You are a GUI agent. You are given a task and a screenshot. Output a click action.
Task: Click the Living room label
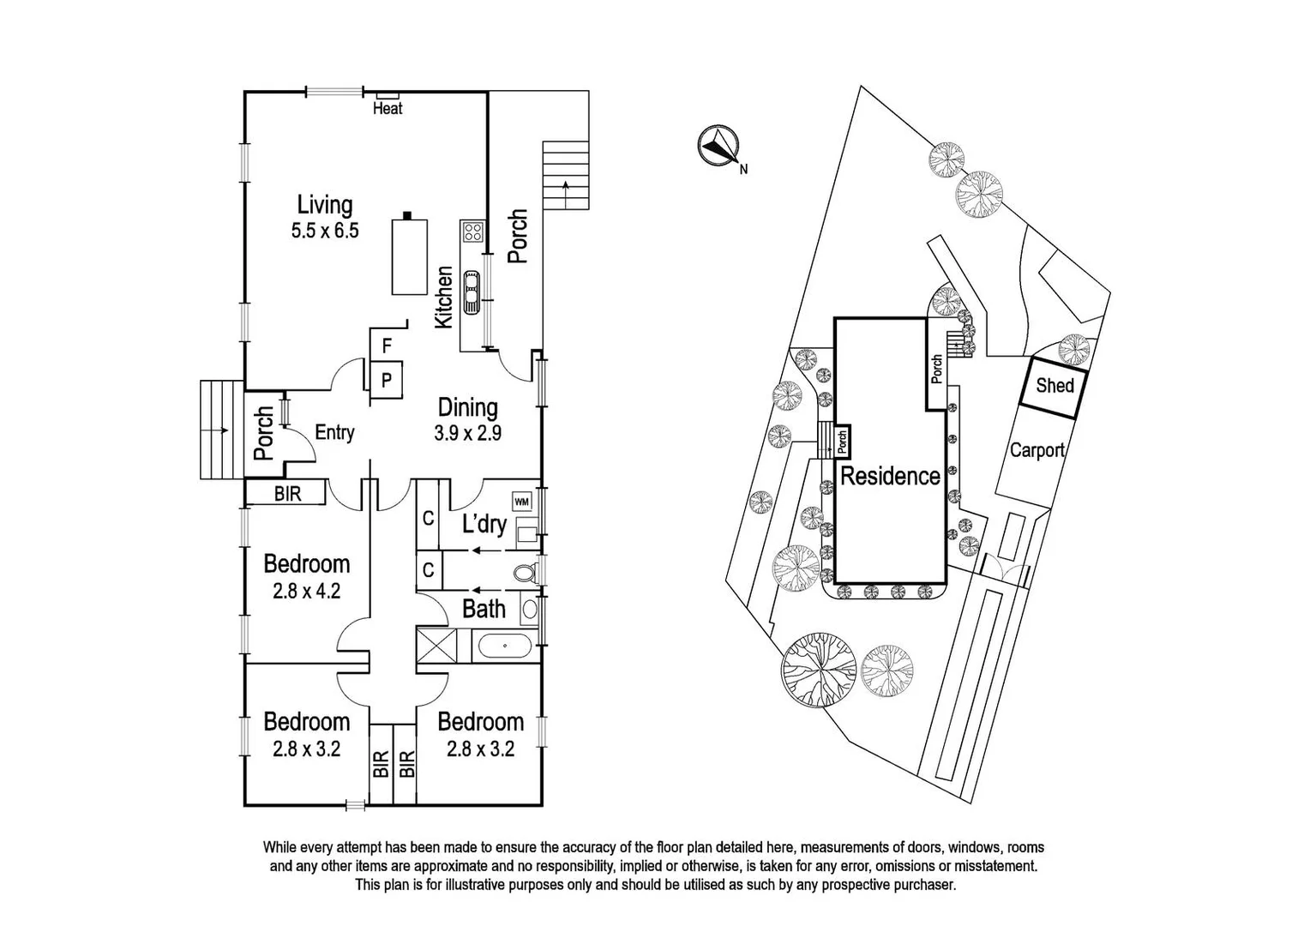pos(324,205)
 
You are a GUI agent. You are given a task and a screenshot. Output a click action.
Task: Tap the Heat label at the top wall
pos(388,108)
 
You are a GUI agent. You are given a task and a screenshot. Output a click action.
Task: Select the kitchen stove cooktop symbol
pos(472,231)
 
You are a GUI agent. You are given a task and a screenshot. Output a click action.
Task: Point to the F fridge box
pos(387,346)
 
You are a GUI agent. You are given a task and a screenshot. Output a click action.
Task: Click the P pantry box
pos(387,380)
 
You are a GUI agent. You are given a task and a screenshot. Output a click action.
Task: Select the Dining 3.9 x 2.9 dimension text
pos(467,433)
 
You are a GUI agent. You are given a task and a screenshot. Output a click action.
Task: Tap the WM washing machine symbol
pos(521,502)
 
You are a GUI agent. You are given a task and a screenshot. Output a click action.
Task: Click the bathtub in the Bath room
pos(504,645)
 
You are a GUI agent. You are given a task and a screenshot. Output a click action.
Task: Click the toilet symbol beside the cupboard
pos(524,573)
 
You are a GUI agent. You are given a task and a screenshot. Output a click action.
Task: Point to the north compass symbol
pos(717,147)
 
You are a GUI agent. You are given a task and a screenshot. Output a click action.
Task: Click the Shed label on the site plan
pos(1054,386)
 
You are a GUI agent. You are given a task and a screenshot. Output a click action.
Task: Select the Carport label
pos(1037,450)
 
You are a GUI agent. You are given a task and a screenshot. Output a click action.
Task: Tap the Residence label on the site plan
pos(889,477)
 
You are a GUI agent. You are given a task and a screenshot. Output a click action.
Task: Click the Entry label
pos(334,432)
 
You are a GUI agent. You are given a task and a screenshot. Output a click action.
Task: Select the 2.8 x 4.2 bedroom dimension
pos(306,591)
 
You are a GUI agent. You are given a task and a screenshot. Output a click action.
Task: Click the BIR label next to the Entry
pos(287,494)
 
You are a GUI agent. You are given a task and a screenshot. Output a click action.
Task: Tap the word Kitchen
pos(443,298)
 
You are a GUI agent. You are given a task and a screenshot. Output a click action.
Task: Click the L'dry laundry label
pos(484,524)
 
